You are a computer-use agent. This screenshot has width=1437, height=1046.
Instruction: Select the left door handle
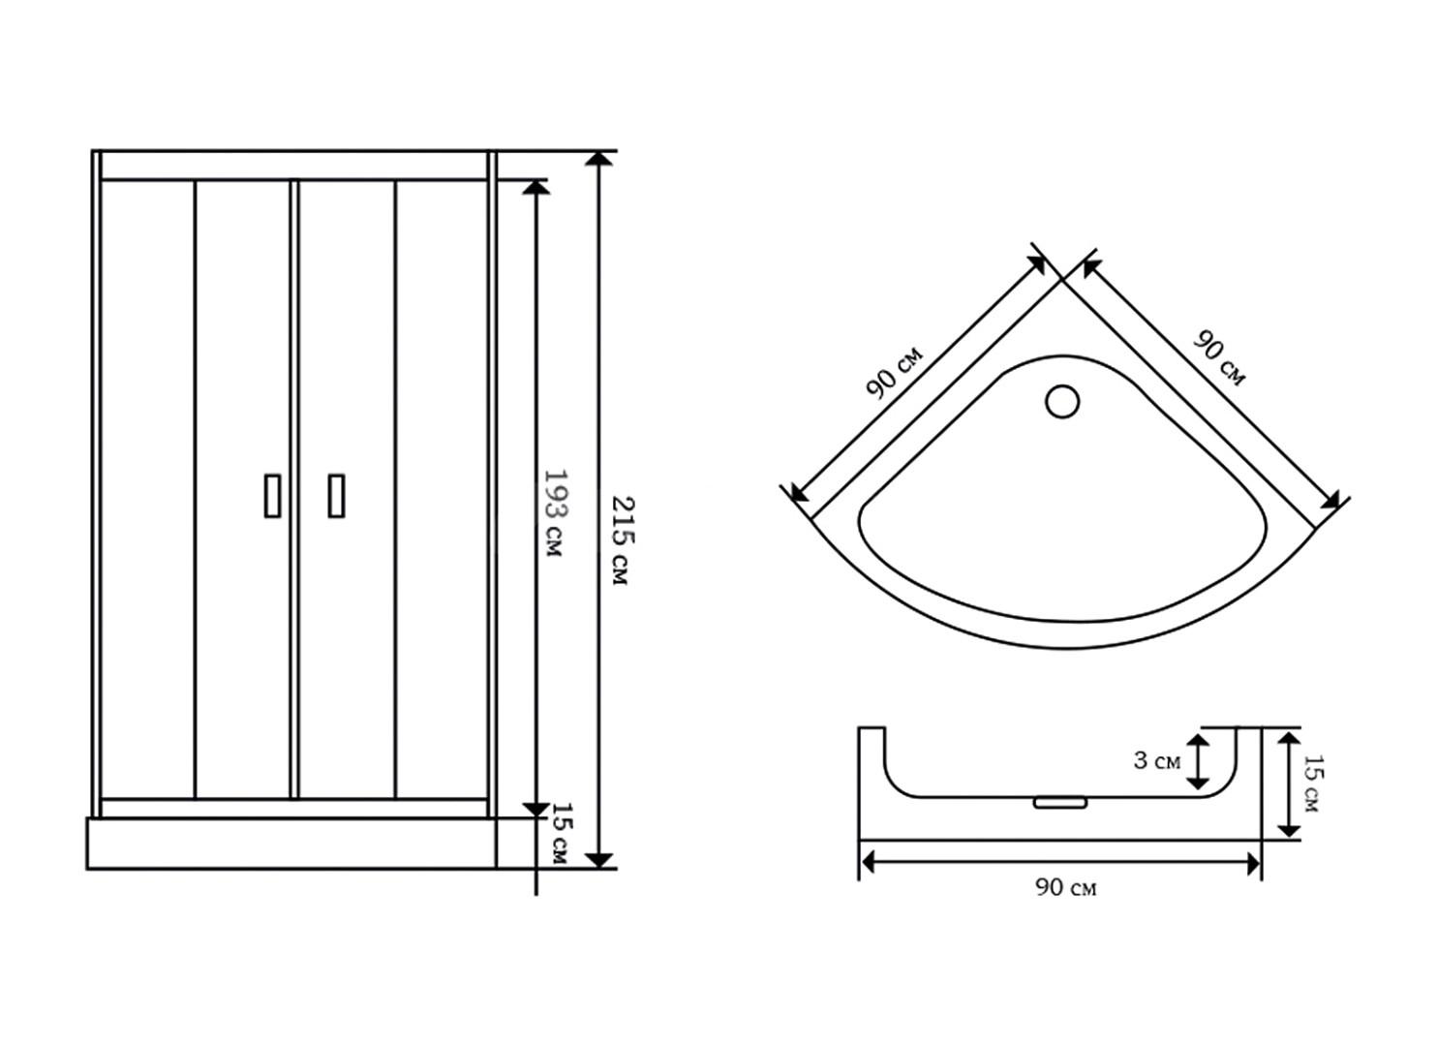(x=272, y=496)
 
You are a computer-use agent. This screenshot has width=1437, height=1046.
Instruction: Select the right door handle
(x=336, y=496)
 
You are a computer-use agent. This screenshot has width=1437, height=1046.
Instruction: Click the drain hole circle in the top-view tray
(x=1061, y=401)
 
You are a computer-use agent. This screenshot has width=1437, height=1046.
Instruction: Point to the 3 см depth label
(x=1156, y=761)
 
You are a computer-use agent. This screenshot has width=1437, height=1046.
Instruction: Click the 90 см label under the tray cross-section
(x=1065, y=888)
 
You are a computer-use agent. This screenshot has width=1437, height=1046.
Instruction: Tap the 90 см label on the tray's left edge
(x=895, y=372)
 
